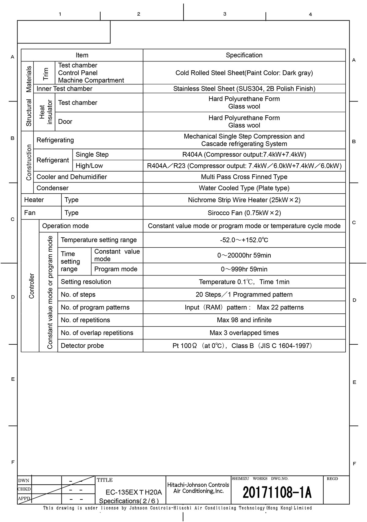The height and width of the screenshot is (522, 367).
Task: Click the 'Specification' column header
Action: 244,55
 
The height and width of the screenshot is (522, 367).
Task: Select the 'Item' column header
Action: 82,55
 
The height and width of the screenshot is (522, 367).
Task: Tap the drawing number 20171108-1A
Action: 277,493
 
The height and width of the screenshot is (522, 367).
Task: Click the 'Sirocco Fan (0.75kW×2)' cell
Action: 244,213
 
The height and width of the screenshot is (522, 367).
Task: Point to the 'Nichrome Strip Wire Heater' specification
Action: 244,200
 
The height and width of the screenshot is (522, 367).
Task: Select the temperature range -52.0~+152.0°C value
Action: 244,240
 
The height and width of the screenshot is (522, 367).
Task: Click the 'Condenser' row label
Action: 53,188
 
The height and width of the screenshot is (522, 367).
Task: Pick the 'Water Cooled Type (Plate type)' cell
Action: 244,188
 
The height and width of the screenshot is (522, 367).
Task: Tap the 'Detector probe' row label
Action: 82,346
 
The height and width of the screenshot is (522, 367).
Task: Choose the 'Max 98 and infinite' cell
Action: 244,320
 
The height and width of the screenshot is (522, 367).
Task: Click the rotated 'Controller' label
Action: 32,286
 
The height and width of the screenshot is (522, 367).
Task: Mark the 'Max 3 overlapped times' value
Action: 244,333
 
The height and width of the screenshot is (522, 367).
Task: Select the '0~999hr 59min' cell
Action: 244,269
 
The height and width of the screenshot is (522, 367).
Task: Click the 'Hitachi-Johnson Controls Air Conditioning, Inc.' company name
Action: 198,488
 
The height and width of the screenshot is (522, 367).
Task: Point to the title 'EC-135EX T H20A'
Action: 133,492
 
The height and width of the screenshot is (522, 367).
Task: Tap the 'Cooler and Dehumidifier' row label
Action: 72,177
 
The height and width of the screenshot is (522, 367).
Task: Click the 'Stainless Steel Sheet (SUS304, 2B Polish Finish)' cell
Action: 244,89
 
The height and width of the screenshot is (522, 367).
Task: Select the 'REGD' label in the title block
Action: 332,479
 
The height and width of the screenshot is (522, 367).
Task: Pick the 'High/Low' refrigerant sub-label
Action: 89,166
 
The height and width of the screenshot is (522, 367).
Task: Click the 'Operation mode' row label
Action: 65,226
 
